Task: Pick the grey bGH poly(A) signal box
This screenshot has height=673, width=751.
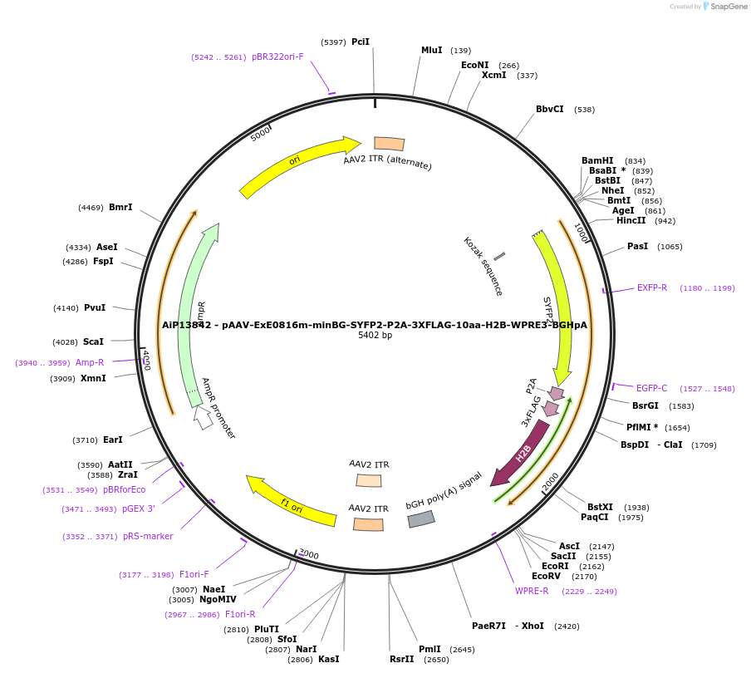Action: click(x=421, y=519)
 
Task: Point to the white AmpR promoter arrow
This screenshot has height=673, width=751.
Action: click(x=202, y=417)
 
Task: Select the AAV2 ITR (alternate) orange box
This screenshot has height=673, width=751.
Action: click(x=389, y=144)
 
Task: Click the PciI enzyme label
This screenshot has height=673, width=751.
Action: click(x=360, y=42)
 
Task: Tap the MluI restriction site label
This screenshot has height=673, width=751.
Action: click(x=431, y=51)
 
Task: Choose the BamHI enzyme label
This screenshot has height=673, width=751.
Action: click(x=597, y=161)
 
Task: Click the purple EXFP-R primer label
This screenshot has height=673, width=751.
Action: click(x=652, y=288)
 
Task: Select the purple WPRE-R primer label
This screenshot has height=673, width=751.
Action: click(x=532, y=592)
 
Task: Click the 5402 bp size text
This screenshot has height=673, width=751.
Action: click(x=375, y=336)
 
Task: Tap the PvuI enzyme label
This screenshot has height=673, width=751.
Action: click(x=95, y=308)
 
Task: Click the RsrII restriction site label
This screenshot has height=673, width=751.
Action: click(x=401, y=660)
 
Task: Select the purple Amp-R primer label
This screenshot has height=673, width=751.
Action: click(x=90, y=362)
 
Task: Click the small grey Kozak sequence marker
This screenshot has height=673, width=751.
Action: click(x=499, y=257)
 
